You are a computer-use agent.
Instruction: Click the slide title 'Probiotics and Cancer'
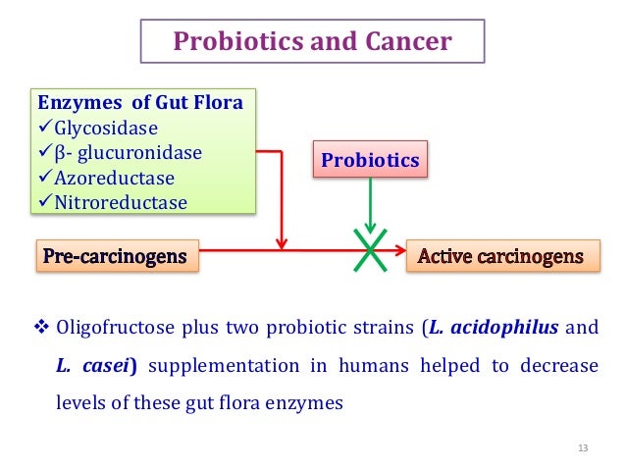pos(312,42)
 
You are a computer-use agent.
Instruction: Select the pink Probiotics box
pos(369,159)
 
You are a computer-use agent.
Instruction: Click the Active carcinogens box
pos(500,257)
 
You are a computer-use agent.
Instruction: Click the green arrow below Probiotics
pos(370,206)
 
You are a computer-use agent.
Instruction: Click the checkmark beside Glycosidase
pos(44,127)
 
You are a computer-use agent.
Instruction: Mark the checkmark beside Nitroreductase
pos(44,203)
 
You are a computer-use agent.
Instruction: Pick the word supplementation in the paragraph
pos(219,366)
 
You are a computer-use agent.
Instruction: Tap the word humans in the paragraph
pos(374,366)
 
